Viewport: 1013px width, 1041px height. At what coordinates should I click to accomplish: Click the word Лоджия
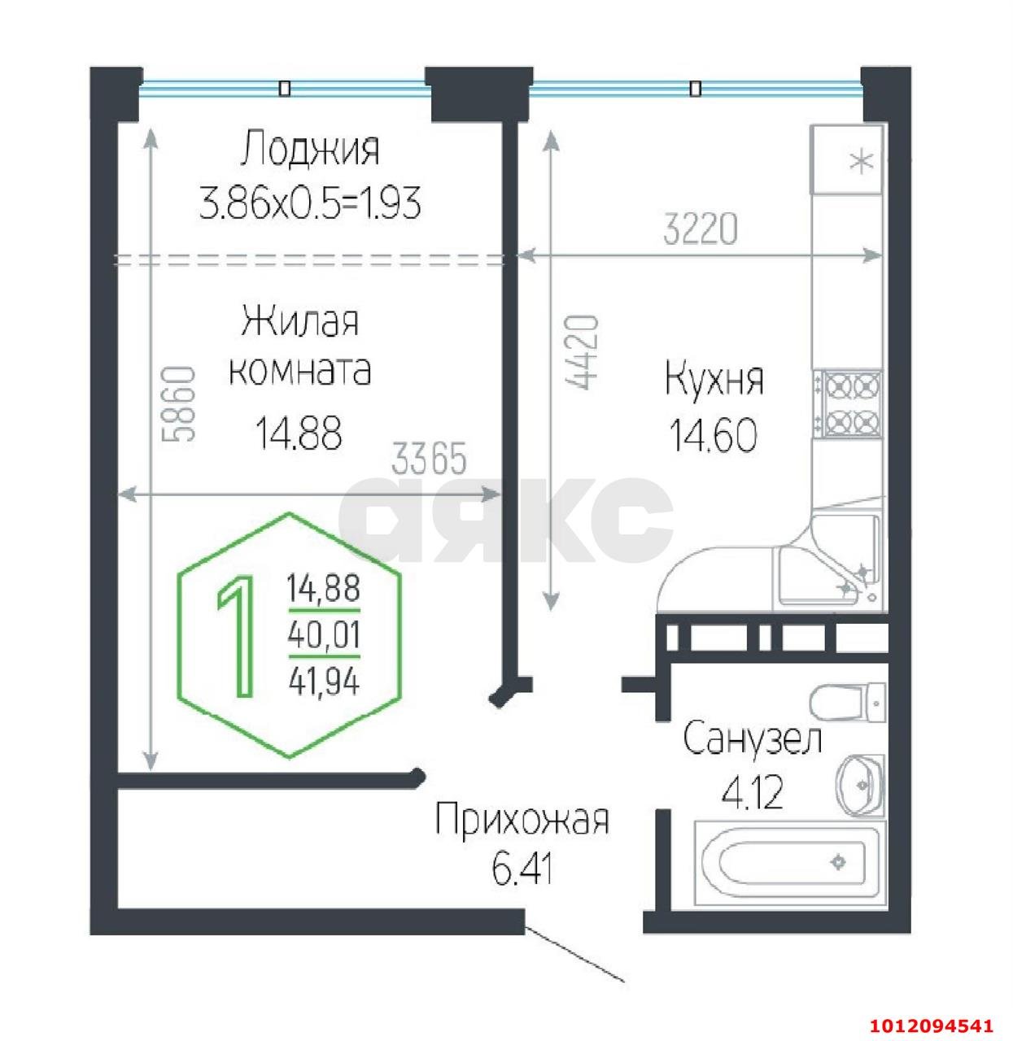tap(310, 150)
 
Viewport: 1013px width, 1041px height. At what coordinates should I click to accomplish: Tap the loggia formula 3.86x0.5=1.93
tap(310, 203)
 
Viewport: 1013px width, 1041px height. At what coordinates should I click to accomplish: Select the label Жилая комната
tap(299, 346)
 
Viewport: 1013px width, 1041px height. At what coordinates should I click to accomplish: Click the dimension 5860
tap(180, 403)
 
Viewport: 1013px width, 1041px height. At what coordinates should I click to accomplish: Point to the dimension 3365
tap(429, 460)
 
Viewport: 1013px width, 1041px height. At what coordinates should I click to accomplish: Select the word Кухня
tap(714, 381)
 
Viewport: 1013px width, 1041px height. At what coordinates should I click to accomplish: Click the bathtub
tap(786, 863)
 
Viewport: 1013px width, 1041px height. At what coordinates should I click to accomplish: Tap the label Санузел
tap(753, 739)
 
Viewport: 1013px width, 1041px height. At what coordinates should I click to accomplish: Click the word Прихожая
tap(522, 820)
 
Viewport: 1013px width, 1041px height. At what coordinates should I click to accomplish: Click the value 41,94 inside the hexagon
tap(323, 682)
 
